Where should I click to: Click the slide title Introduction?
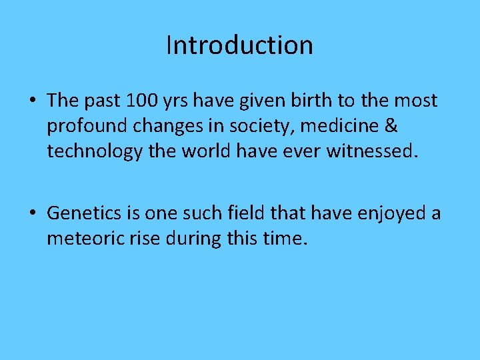tap(239, 45)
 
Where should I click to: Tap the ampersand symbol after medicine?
tap(391, 126)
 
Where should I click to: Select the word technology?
tap(95, 152)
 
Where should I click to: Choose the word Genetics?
tap(87, 213)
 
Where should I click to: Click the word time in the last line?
tap(285, 238)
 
